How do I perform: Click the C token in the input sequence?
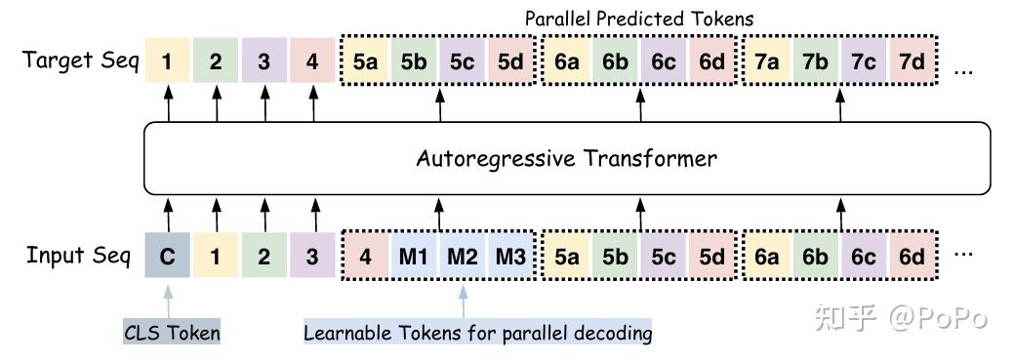(x=168, y=258)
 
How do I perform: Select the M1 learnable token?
(x=414, y=258)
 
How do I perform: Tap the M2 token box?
(x=463, y=258)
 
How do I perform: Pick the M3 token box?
(x=511, y=258)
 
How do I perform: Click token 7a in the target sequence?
(x=767, y=61)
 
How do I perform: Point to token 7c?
(x=864, y=61)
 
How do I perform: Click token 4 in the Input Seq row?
(x=365, y=258)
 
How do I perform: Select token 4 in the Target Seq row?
(x=312, y=61)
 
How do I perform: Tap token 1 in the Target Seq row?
(x=168, y=61)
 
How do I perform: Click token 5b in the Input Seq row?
(x=615, y=258)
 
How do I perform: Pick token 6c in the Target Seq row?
(x=664, y=61)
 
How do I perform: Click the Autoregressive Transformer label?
(x=566, y=158)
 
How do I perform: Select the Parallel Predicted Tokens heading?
(x=638, y=19)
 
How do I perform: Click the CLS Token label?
(x=172, y=333)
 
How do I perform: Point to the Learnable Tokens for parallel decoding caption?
(x=477, y=333)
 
